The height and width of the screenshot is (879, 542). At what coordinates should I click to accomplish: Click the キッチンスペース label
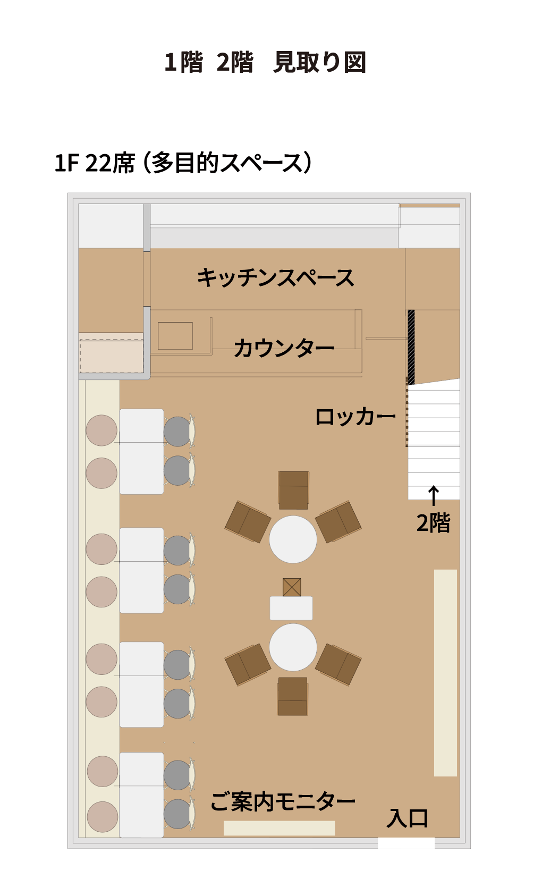pyautogui.click(x=275, y=278)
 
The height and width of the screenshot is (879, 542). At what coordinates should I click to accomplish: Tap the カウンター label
pyautogui.click(x=284, y=348)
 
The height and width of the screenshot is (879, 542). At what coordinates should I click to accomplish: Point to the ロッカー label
pyautogui.click(x=355, y=417)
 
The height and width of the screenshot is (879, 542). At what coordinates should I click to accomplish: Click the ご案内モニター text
pyautogui.click(x=283, y=801)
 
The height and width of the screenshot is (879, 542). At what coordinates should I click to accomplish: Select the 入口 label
pyautogui.click(x=407, y=818)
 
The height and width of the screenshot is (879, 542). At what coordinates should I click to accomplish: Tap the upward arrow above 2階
pyautogui.click(x=433, y=496)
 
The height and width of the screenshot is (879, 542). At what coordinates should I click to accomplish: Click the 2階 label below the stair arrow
pyautogui.click(x=433, y=523)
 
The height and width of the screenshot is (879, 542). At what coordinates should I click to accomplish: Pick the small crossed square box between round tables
pyautogui.click(x=292, y=587)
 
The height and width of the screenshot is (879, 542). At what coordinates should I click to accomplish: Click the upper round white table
pyautogui.click(x=293, y=539)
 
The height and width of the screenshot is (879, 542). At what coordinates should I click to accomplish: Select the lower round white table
pyautogui.click(x=293, y=647)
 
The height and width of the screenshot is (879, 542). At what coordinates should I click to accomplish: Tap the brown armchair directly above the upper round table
pyautogui.click(x=293, y=490)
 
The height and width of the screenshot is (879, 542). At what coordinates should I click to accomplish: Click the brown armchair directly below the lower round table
pyautogui.click(x=292, y=696)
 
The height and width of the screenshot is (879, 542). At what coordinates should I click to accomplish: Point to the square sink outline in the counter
pyautogui.click(x=175, y=336)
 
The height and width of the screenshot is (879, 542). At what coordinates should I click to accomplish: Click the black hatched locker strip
pyautogui.click(x=411, y=347)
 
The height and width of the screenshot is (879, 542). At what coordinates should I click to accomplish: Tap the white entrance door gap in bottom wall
pyautogui.click(x=406, y=843)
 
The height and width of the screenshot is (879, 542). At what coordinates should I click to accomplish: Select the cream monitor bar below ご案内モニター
pyautogui.click(x=279, y=828)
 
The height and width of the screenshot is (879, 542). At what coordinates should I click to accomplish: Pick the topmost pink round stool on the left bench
pyautogui.click(x=101, y=430)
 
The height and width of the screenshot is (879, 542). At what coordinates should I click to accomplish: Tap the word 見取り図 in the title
pyautogui.click(x=319, y=62)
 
